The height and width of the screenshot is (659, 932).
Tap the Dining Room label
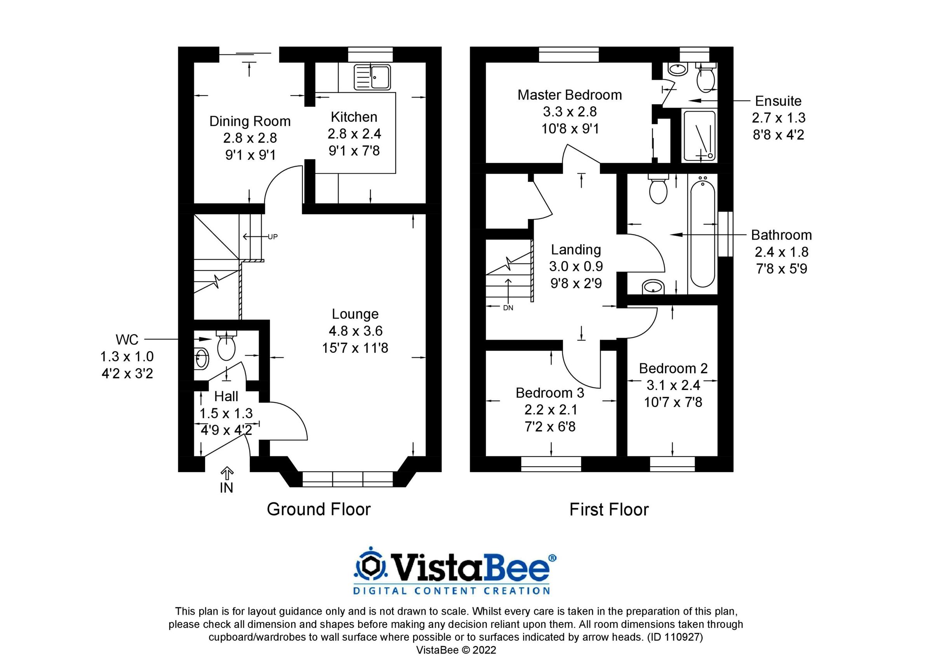tap(250, 121)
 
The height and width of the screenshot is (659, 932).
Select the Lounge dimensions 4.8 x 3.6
tap(355, 331)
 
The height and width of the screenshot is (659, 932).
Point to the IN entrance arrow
tap(226, 473)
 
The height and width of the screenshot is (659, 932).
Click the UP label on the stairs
tap(272, 237)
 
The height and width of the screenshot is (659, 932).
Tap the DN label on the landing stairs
tap(508, 308)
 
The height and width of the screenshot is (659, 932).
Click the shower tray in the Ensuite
tap(699, 136)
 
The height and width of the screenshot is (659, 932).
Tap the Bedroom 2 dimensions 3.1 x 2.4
tap(673, 385)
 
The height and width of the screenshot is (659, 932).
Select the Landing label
tap(576, 249)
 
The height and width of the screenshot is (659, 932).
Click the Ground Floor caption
tap(319, 509)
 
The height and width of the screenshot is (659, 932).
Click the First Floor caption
tap(609, 509)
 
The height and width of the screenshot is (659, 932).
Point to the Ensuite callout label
tap(778, 101)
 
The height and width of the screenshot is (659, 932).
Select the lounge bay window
tap(348, 479)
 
